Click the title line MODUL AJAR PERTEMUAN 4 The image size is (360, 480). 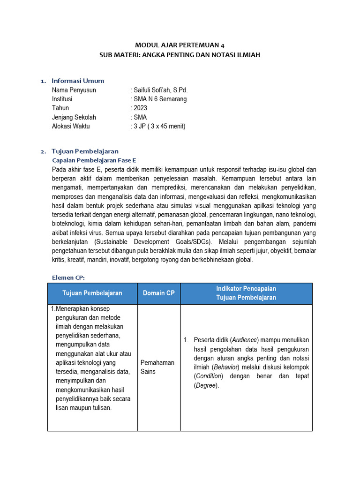coord(180,45)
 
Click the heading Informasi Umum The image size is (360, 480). coord(78,81)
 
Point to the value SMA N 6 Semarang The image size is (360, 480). coord(160,99)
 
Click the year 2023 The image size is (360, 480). coord(140,108)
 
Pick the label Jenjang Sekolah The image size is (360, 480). coord(74,117)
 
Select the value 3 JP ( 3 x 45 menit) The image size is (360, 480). coord(159,126)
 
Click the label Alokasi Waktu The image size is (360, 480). coord(71,126)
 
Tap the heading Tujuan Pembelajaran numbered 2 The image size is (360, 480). coord(85,151)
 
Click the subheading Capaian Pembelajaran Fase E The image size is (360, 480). coord(94,160)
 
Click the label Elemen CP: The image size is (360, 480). coord(68,277)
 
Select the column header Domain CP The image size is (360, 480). coord(158,293)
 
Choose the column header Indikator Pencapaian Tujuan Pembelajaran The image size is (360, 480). coord(246,293)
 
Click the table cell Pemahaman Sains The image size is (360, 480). coord(157,367)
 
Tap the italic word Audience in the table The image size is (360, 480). coord(246,340)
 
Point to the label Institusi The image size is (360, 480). coord(62,99)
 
